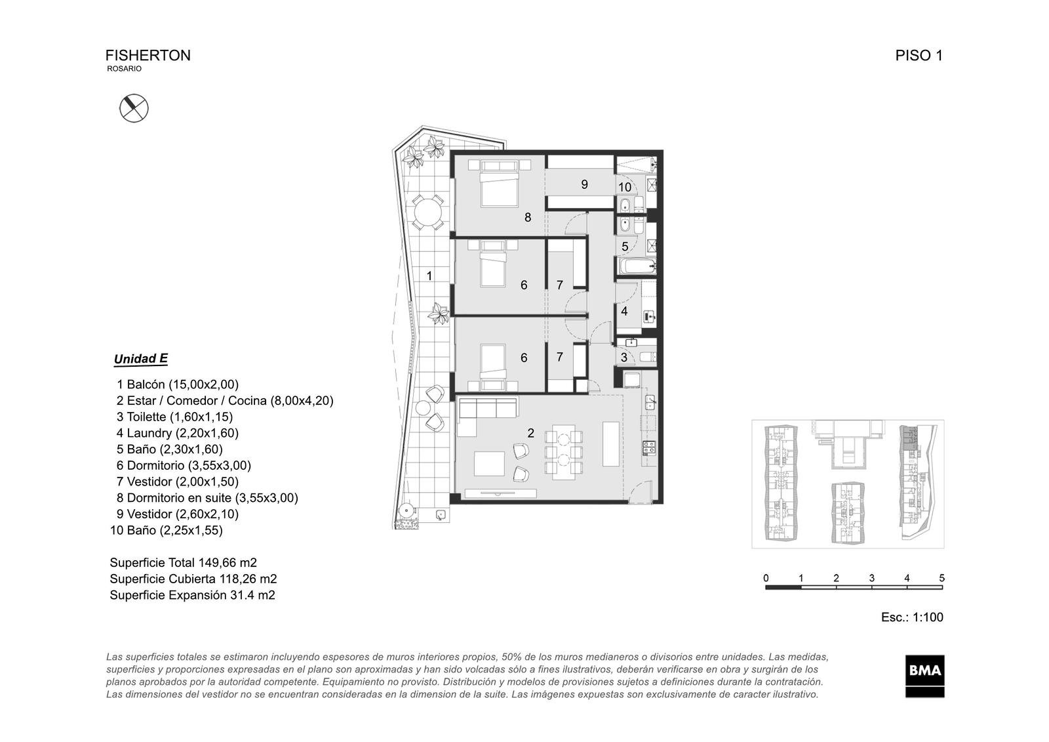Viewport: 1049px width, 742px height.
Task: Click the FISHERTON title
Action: [148, 55]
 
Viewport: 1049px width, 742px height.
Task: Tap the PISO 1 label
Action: [919, 55]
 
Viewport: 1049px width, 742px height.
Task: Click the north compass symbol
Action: [134, 108]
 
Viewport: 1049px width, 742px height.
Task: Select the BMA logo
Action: [924, 676]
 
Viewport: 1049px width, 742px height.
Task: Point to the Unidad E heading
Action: [140, 359]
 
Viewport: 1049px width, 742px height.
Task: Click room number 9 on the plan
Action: [584, 184]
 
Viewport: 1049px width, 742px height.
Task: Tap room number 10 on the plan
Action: [625, 187]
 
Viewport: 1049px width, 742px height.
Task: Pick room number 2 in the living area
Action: [530, 433]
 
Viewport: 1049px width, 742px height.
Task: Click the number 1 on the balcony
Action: [429, 276]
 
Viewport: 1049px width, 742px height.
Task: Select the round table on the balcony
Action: [427, 212]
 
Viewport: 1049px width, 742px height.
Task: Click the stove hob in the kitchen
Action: [649, 447]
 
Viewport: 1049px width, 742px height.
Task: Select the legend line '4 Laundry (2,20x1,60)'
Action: [178, 433]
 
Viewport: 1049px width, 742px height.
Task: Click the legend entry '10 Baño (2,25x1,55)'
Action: [167, 531]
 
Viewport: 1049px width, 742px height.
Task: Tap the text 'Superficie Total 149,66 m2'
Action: [183, 562]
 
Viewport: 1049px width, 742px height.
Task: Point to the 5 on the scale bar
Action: [941, 578]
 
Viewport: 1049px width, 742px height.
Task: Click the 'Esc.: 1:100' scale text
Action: [912, 617]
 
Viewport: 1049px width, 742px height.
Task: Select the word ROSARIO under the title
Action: [124, 68]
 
